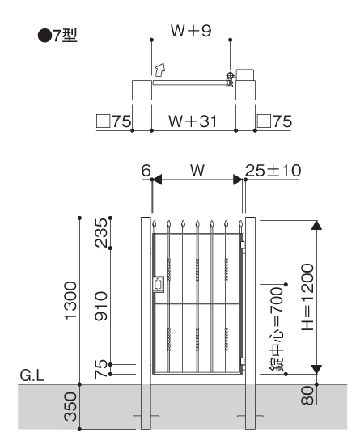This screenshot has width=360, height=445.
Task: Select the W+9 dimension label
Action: [191, 31]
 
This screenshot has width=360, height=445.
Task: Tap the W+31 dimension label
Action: [193, 121]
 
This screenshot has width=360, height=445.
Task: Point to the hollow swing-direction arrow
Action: [160, 70]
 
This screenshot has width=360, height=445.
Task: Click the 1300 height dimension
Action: [70, 300]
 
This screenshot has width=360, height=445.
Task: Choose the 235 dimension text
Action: [101, 233]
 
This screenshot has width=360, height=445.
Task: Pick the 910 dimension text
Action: [101, 306]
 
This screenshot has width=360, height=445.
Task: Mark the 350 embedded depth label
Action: [70, 406]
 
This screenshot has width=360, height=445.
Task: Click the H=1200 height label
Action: [307, 297]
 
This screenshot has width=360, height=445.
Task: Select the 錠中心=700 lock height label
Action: [277, 328]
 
